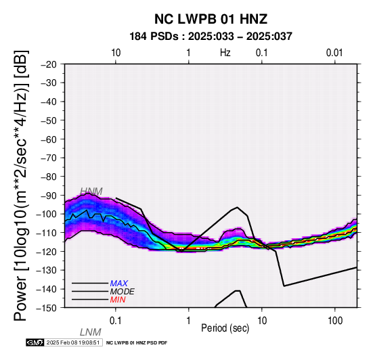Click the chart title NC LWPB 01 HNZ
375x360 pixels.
211,19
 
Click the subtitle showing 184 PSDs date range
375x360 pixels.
211,37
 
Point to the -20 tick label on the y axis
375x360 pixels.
49,64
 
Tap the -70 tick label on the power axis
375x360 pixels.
49,158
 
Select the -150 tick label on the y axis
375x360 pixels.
47,308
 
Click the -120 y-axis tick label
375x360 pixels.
47,252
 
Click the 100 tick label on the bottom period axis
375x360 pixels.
335,321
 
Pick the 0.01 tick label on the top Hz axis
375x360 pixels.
334,53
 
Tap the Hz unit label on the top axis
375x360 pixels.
225,53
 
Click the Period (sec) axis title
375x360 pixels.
225,328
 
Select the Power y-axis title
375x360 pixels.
21,185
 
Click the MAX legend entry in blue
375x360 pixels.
119,284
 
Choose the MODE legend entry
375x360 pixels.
123,292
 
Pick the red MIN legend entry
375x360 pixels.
118,300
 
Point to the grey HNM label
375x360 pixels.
91,192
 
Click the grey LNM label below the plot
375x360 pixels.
91,332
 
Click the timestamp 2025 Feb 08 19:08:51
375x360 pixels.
73,342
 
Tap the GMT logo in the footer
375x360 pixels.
35,342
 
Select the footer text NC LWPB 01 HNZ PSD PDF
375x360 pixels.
137,343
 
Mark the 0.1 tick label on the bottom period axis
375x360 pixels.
115,321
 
